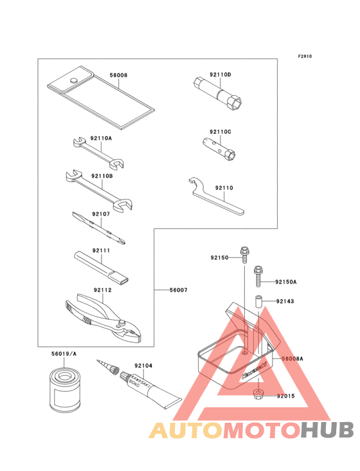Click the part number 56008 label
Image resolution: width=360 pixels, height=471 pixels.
118,75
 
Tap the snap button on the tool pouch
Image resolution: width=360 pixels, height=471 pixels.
73,80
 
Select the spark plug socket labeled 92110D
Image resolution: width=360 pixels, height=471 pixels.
217,95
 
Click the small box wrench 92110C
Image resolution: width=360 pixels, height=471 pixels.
219,149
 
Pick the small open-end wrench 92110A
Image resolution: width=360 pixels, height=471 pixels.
99,152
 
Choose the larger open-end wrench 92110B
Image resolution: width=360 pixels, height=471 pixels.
99,190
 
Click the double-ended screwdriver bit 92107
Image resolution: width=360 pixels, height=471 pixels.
99,228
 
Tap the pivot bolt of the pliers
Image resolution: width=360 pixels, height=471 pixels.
122,323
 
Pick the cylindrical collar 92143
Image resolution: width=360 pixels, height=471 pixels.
258,302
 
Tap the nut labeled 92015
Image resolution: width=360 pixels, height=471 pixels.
258,394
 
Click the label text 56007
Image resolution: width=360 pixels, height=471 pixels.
179,290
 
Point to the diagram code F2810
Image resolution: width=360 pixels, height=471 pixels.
305,56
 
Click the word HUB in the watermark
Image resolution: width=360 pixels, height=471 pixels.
328,430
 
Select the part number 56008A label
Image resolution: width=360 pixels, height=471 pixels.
292,358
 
